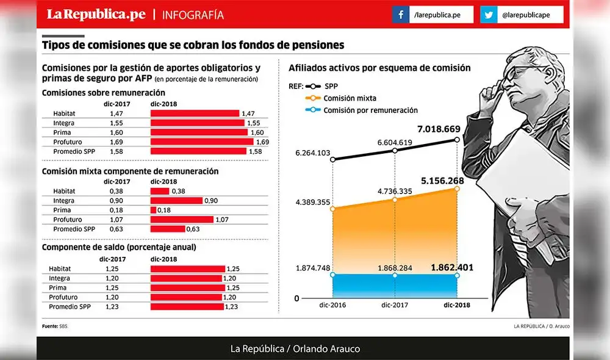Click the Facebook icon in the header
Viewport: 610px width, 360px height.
pyautogui.click(x=401, y=15)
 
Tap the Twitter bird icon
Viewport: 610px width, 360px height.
pyautogui.click(x=489, y=15)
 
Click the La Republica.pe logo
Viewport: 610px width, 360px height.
pyautogui.click(x=96, y=14)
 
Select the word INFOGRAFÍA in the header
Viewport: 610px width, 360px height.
pyautogui.click(x=193, y=15)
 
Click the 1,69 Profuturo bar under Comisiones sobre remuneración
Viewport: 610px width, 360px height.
pyautogui.click(x=201, y=142)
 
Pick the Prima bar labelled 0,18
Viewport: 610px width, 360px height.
pyautogui.click(x=153, y=210)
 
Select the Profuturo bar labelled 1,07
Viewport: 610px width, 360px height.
pyautogui.click(x=182, y=219)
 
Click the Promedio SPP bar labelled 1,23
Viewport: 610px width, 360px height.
pyautogui.click(x=187, y=307)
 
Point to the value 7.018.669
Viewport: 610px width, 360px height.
pyautogui.click(x=442, y=130)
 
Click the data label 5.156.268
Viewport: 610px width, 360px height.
pyautogui.click(x=442, y=181)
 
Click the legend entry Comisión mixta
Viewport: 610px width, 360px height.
pyautogui.click(x=350, y=98)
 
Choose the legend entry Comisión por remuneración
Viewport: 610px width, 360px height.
pyautogui.click(x=370, y=110)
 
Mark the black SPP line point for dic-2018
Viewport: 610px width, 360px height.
pyautogui.click(x=457, y=140)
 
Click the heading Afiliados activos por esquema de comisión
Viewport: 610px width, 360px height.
pyautogui.click(x=379, y=68)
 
